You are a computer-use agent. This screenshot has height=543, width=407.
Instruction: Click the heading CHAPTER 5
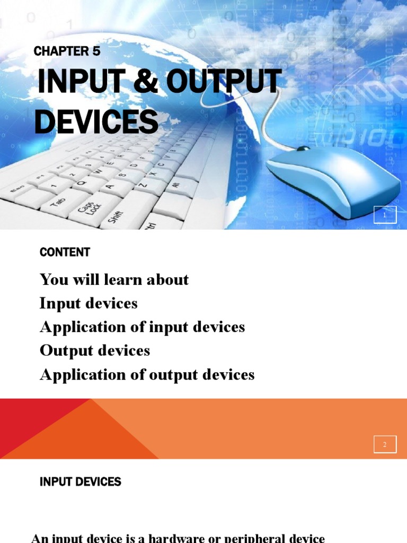(x=67, y=51)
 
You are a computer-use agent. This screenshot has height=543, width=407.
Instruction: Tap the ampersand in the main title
(x=145, y=81)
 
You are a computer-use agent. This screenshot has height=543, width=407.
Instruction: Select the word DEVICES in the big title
(x=96, y=121)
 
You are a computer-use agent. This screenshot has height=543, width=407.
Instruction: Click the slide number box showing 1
(x=385, y=215)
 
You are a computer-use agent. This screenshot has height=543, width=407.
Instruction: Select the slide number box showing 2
(x=385, y=444)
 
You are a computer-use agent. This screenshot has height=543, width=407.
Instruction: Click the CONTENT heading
(x=65, y=252)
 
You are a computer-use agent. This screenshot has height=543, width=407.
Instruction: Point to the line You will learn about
(x=114, y=279)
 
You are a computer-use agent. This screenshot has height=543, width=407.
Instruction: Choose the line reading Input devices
(x=89, y=303)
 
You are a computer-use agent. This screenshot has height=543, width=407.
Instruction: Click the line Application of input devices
(x=142, y=327)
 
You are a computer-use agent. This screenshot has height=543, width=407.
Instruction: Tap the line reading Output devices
(x=95, y=351)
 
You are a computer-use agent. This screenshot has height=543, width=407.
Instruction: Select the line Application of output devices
(x=147, y=375)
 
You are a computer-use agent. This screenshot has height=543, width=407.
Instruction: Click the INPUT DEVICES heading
(x=81, y=481)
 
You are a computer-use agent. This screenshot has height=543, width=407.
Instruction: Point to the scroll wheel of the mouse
(x=304, y=148)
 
